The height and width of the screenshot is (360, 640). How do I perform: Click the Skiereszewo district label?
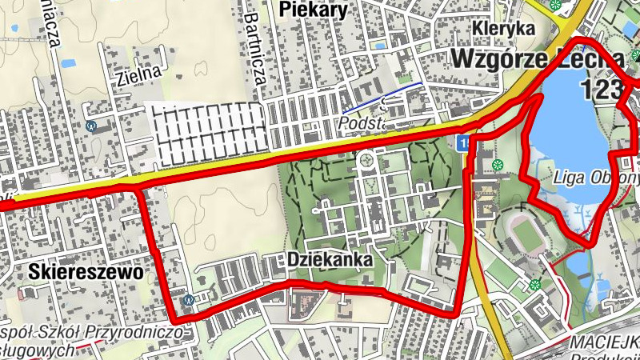point(86,272)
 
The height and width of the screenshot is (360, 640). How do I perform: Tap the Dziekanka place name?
point(329,261)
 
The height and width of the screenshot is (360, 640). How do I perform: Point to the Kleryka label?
point(503,29)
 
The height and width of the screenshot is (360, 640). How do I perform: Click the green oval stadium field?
point(529,234)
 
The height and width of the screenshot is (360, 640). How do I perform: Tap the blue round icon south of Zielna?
point(91,126)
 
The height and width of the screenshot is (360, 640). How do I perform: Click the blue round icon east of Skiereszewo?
point(188,299)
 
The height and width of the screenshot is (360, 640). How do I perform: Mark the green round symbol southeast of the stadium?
point(535,285)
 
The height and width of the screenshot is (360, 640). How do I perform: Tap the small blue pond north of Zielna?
point(68,62)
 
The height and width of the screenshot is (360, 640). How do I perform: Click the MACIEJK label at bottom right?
point(604,342)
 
